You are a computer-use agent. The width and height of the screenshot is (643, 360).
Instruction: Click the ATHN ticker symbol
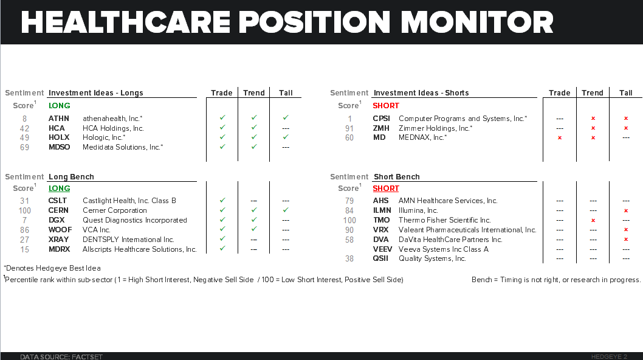(x=59, y=118)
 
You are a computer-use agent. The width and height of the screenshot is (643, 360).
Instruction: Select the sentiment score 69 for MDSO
(x=25, y=147)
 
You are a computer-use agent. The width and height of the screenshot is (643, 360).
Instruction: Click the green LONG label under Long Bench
(x=60, y=189)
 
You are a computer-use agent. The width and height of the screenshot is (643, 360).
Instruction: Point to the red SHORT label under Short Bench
(x=386, y=189)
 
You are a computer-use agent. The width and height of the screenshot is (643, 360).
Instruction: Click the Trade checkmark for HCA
(x=222, y=128)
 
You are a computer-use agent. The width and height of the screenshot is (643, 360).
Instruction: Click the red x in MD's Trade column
(x=560, y=138)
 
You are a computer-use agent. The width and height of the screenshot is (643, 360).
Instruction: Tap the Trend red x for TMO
(x=593, y=220)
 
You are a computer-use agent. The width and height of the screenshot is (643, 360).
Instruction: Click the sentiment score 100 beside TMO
(x=350, y=220)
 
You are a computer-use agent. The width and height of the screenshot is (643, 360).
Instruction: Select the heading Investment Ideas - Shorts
(x=421, y=93)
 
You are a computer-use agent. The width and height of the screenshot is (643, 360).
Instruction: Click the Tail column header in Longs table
(x=286, y=93)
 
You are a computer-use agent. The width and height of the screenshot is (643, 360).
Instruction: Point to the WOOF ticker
(x=60, y=230)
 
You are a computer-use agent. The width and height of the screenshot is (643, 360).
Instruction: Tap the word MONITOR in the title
(x=476, y=22)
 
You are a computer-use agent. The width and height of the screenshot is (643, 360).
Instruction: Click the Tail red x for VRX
(x=626, y=230)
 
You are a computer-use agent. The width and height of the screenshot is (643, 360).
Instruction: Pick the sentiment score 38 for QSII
(x=350, y=258)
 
